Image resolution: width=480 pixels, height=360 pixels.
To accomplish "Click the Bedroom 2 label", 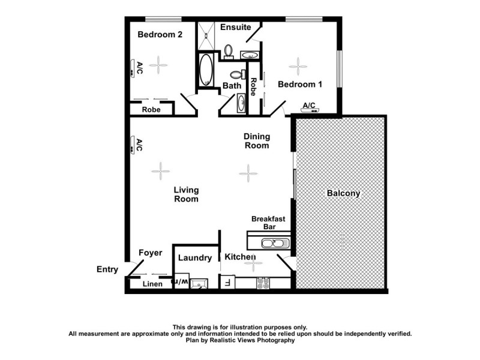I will click(160, 35).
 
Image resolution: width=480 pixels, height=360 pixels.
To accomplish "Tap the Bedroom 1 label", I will click(300, 85).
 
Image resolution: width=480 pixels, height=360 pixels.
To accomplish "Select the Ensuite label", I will click(235, 28).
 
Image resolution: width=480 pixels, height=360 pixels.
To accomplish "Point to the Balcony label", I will click(343, 193).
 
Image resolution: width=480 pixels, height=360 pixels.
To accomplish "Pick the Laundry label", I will click(195, 258).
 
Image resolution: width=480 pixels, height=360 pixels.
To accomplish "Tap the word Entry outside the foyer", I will click(107, 269).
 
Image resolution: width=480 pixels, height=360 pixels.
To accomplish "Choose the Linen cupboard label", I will click(152, 284).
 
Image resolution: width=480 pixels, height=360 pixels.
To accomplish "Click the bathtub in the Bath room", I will click(206, 70).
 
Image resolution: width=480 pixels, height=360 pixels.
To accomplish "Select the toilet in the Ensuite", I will click(229, 51).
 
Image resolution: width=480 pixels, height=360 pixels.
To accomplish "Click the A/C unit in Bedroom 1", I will click(310, 110).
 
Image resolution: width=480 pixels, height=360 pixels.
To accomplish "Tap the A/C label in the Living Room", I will click(139, 145).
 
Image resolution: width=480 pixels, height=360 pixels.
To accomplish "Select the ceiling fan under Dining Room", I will click(248, 173).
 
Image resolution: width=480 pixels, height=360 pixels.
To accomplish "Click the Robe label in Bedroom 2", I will click(151, 110).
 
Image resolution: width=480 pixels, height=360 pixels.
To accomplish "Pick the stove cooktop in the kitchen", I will click(263, 283).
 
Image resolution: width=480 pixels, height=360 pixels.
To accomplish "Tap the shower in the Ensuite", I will click(206, 35).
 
